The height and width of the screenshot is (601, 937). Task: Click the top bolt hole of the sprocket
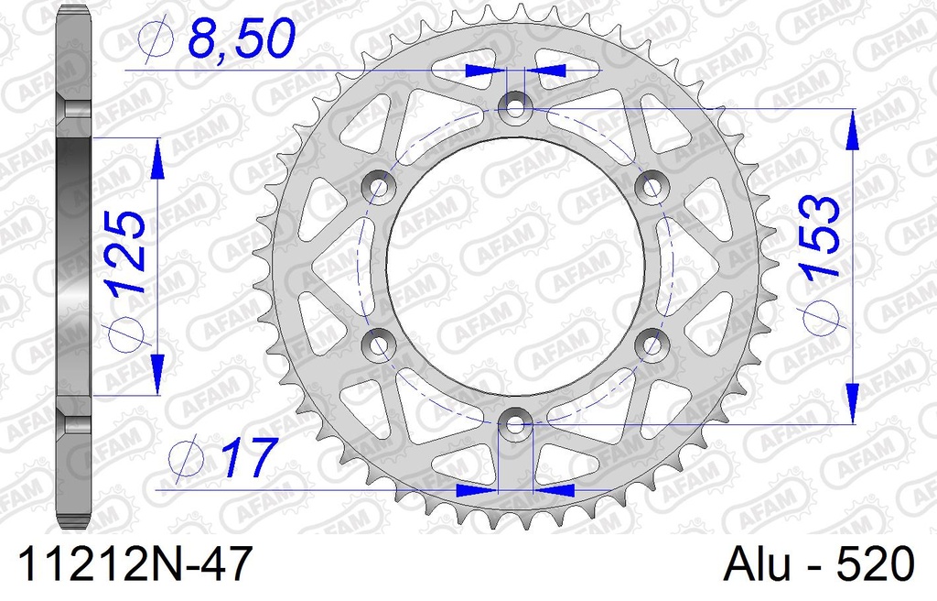pyautogui.click(x=516, y=107)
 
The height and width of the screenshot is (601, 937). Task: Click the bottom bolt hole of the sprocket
pyautogui.click(x=516, y=424)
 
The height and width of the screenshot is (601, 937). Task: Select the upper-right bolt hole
pyautogui.click(x=652, y=187)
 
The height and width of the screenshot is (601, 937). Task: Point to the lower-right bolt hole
pyautogui.click(x=652, y=344)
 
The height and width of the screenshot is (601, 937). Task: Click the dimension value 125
pyautogui.click(x=125, y=252)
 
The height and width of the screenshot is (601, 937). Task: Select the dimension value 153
pyautogui.click(x=819, y=236)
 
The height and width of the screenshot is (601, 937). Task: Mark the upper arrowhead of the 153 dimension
pyautogui.click(x=852, y=127)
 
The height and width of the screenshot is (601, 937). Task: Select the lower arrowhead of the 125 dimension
pyautogui.click(x=156, y=376)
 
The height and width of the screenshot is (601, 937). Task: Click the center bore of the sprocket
pyautogui.click(x=516, y=266)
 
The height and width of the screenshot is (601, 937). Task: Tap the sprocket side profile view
pyautogui.click(x=75, y=266)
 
